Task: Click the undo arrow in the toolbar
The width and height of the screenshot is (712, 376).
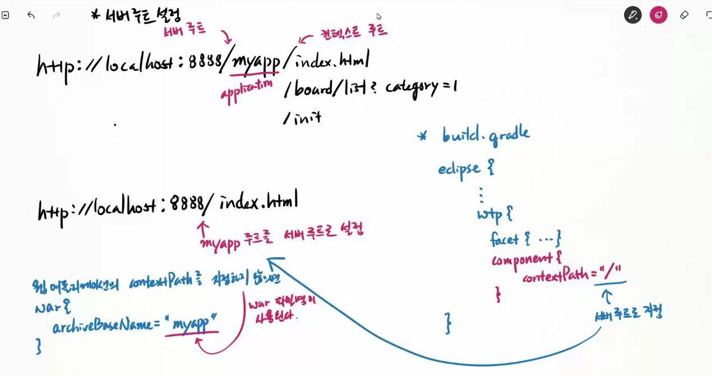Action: [31, 15]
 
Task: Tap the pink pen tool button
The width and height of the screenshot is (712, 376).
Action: [658, 15]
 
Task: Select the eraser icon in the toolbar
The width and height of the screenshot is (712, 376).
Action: [684, 15]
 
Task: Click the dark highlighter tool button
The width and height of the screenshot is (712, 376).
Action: [632, 15]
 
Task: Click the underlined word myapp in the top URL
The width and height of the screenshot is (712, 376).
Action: [256, 63]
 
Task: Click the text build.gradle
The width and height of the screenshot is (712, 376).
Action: [486, 135]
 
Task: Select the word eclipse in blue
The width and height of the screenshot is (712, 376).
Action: [459, 168]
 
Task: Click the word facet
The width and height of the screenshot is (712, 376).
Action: [504, 239]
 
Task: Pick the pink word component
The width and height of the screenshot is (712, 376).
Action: [521, 259]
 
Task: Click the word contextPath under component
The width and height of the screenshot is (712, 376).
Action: [556, 276]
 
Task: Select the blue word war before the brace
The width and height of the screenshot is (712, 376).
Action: [45, 308]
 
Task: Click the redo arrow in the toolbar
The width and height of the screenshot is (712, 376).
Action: [57, 15]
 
